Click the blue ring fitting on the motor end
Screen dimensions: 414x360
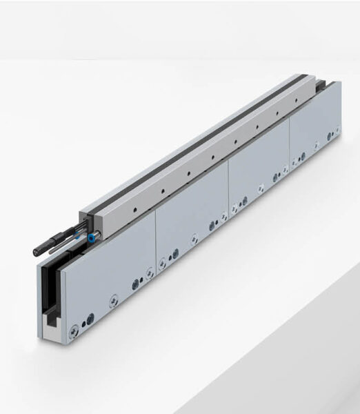(91, 238)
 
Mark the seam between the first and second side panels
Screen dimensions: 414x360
(155, 242)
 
